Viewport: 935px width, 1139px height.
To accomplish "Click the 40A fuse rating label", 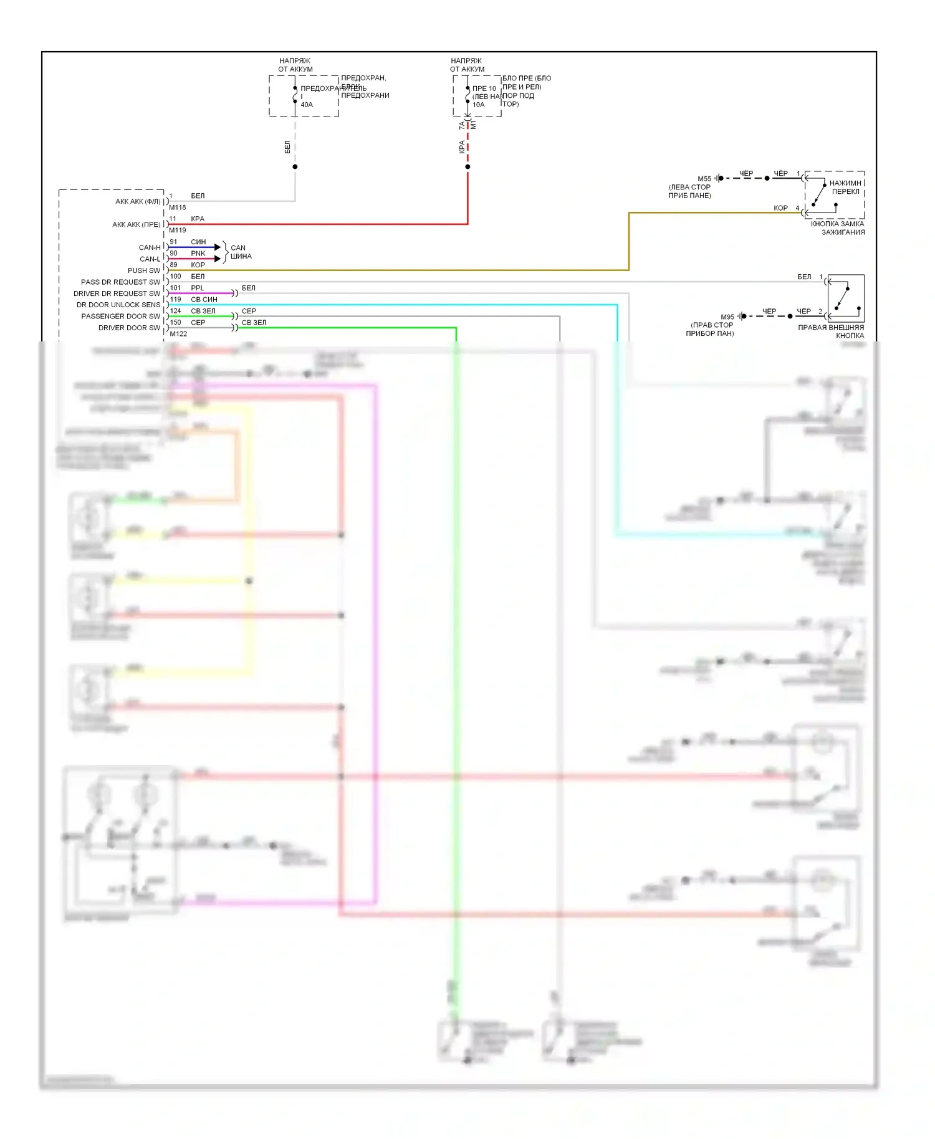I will [x=307, y=105].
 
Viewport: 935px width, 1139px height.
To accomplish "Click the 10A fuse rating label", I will [x=478, y=105].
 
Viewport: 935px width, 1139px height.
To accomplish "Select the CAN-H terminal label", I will [x=150, y=247].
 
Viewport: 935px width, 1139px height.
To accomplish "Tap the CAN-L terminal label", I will [x=150, y=259].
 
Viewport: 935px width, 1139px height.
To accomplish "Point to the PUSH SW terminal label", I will [x=144, y=270].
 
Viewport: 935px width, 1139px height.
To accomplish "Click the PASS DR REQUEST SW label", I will [x=120, y=282].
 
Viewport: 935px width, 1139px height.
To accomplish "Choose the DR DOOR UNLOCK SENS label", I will [x=118, y=305].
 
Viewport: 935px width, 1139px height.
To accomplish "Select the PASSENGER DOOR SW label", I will [x=120, y=317].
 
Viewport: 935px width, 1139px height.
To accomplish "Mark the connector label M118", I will [x=178, y=207].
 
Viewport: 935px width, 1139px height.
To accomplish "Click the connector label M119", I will [x=178, y=231].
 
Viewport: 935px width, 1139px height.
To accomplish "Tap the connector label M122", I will [x=178, y=334].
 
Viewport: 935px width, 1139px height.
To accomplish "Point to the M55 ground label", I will [x=704, y=179].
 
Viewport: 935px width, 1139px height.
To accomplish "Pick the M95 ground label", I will [x=727, y=317].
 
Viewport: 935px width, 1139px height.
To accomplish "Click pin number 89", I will [x=173, y=265].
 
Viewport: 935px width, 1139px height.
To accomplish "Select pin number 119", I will [x=175, y=300].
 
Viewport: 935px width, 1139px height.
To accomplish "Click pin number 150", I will [x=175, y=323].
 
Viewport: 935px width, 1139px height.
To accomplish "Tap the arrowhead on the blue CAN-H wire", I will [x=218, y=247].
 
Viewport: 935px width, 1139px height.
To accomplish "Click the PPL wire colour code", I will [x=198, y=288].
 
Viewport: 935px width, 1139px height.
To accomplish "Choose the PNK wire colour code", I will [x=198, y=254].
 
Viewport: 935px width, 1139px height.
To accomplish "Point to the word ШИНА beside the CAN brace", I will [x=241, y=256].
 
